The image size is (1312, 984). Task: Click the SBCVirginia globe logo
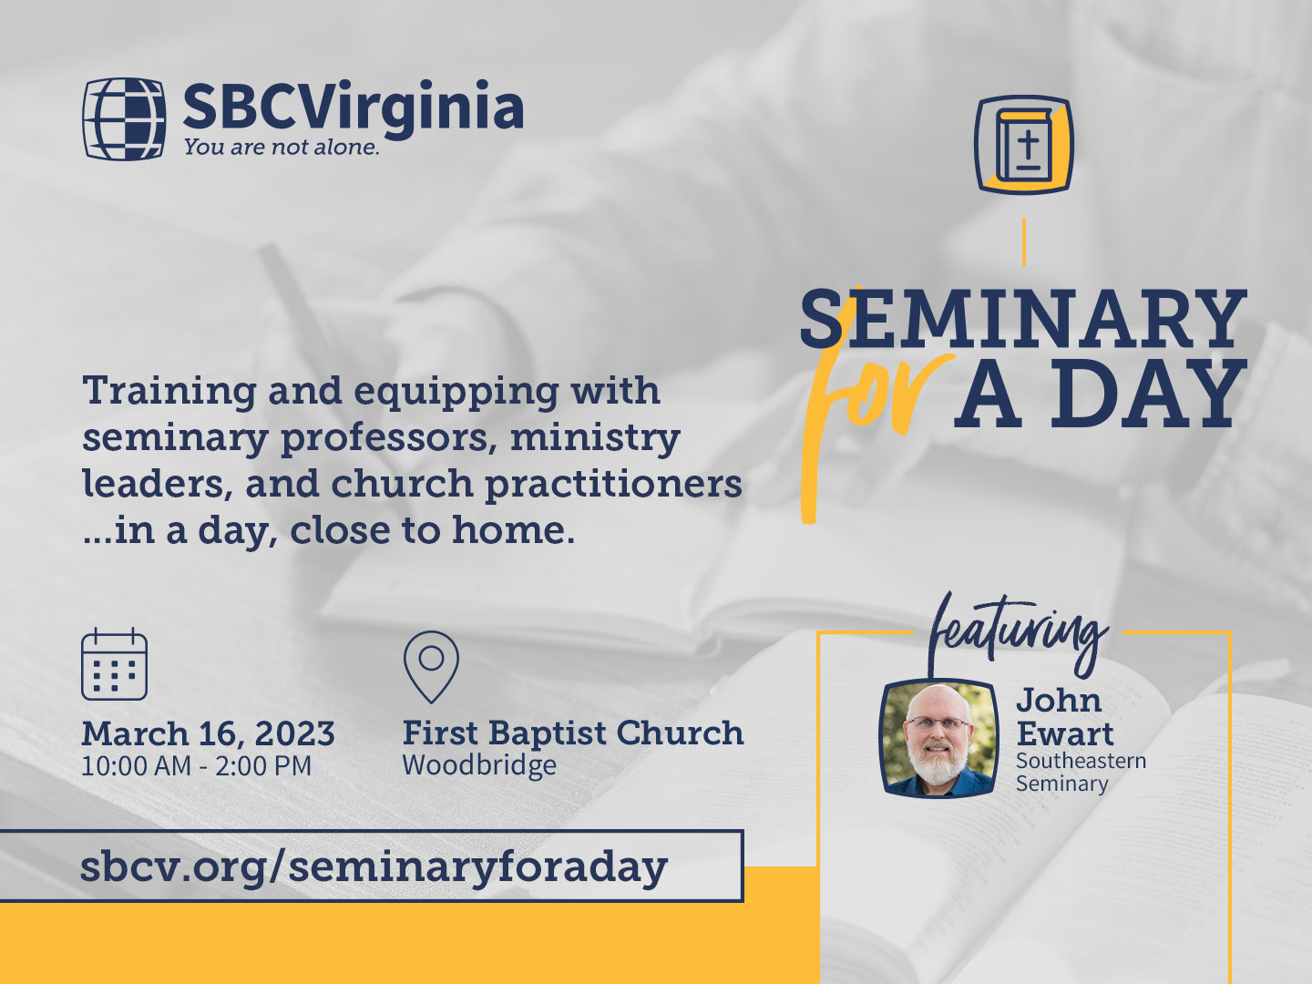click(124, 118)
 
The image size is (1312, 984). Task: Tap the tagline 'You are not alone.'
click(282, 147)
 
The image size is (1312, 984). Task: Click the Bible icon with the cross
click(1023, 145)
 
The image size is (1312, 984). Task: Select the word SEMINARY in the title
click(1023, 318)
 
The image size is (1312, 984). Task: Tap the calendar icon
click(114, 664)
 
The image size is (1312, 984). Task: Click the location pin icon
click(431, 667)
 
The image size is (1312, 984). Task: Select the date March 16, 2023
click(208, 733)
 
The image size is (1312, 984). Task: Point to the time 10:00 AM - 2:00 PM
click(197, 766)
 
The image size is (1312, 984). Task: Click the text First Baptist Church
click(573, 733)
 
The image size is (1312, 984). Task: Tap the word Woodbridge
click(479, 766)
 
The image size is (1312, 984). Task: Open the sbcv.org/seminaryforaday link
click(374, 867)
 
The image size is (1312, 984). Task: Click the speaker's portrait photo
click(939, 738)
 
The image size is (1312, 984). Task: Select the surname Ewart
click(1065, 733)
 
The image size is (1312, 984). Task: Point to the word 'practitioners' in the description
click(613, 485)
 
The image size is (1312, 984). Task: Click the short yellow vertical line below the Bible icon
click(1024, 242)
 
